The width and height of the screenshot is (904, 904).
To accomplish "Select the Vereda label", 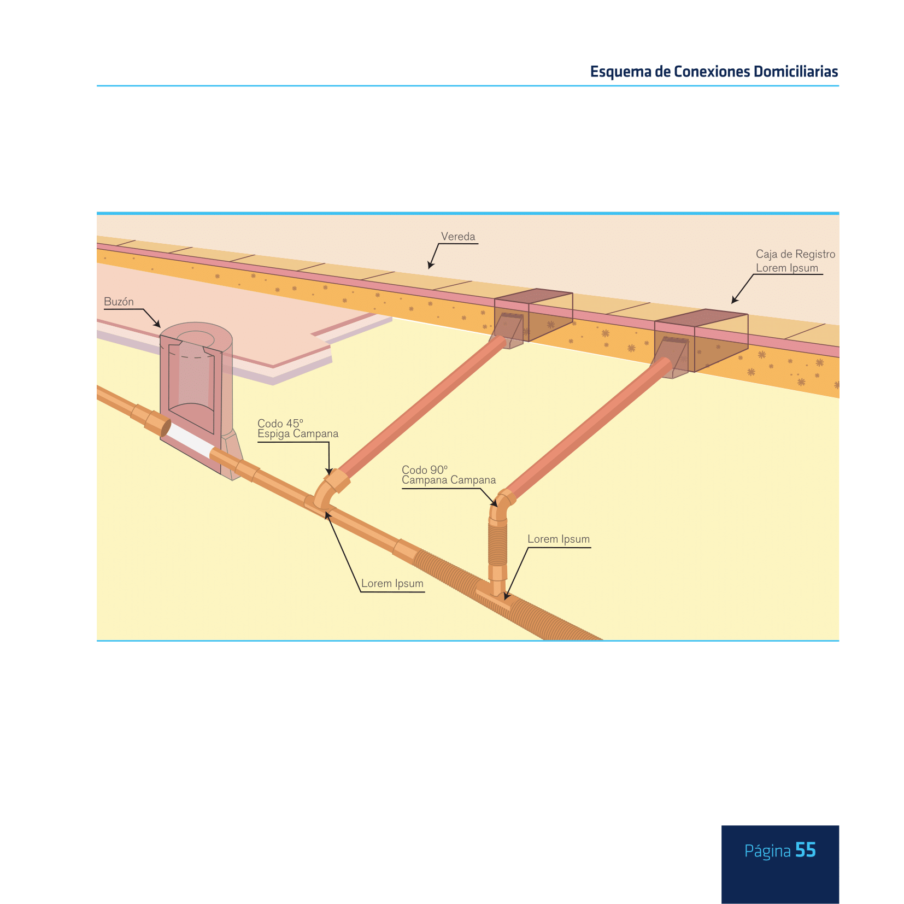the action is click(x=458, y=237).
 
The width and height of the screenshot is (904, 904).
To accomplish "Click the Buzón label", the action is click(x=119, y=302).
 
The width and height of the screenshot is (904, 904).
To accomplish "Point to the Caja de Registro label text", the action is click(x=795, y=254).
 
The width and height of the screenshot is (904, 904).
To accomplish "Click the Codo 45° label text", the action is click(x=280, y=423).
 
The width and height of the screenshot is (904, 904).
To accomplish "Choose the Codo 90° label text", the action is click(x=425, y=469).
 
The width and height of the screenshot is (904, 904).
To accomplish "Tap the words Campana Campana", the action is click(x=449, y=480).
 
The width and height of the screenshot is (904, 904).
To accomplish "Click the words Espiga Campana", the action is click(x=298, y=434).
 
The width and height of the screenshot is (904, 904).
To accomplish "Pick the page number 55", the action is click(x=806, y=850).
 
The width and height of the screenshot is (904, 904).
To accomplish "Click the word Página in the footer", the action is click(x=767, y=852).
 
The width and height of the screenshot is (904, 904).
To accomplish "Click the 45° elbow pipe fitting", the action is click(x=330, y=489).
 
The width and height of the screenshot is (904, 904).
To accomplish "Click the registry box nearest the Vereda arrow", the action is click(x=533, y=317).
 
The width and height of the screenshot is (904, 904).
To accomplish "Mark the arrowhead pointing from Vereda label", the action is click(x=431, y=265).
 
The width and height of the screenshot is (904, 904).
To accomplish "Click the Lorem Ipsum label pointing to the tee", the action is click(x=559, y=539).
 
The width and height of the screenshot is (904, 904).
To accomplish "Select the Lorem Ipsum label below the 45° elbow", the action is click(x=392, y=583).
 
